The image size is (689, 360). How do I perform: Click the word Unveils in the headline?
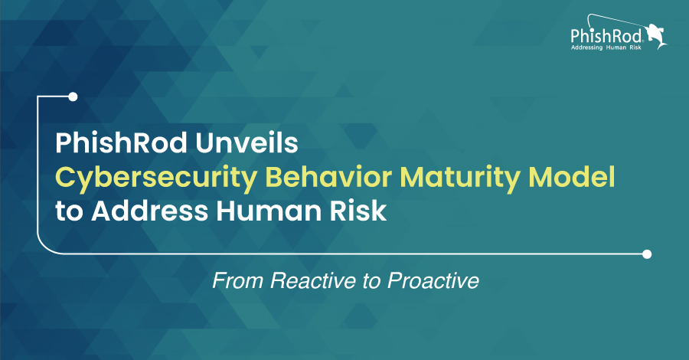(x=247, y=143)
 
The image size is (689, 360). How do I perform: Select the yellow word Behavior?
(x=328, y=177)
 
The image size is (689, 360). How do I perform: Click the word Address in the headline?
(x=149, y=211)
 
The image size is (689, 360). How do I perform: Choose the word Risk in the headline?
(x=358, y=211)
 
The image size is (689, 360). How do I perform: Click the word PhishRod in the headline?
(x=121, y=143)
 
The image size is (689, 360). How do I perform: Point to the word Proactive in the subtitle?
(x=433, y=280)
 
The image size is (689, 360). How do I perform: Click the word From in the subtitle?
(x=238, y=280)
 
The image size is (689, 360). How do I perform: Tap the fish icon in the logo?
(x=656, y=36)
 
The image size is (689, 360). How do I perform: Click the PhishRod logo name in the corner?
(x=606, y=35)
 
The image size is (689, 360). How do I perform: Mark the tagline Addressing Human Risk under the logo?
(x=606, y=47)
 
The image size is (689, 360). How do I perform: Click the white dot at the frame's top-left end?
(x=73, y=97)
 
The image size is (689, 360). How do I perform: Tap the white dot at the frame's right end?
(x=647, y=254)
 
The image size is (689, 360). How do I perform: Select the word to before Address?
(x=69, y=212)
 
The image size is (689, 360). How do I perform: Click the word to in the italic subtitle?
(x=372, y=281)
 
